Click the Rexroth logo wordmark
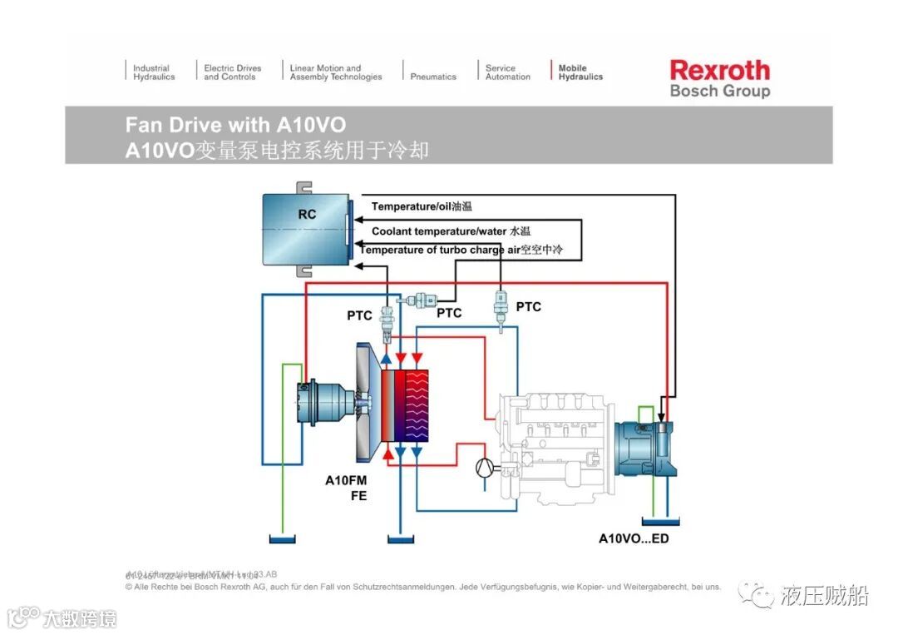pyautogui.click(x=719, y=70)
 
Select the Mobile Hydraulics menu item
pyautogui.click(x=580, y=72)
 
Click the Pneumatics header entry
pyautogui.click(x=433, y=77)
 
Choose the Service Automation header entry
pyautogui.click(x=507, y=72)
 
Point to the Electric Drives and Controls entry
pyautogui.click(x=232, y=72)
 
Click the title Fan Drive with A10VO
pyautogui.click(x=235, y=125)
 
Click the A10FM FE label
pyautogui.click(x=345, y=488)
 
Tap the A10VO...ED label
pyautogui.click(x=634, y=538)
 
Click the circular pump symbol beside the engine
pyautogui.click(x=484, y=469)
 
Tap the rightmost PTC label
pyautogui.click(x=528, y=307)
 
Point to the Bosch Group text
pyautogui.click(x=719, y=91)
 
